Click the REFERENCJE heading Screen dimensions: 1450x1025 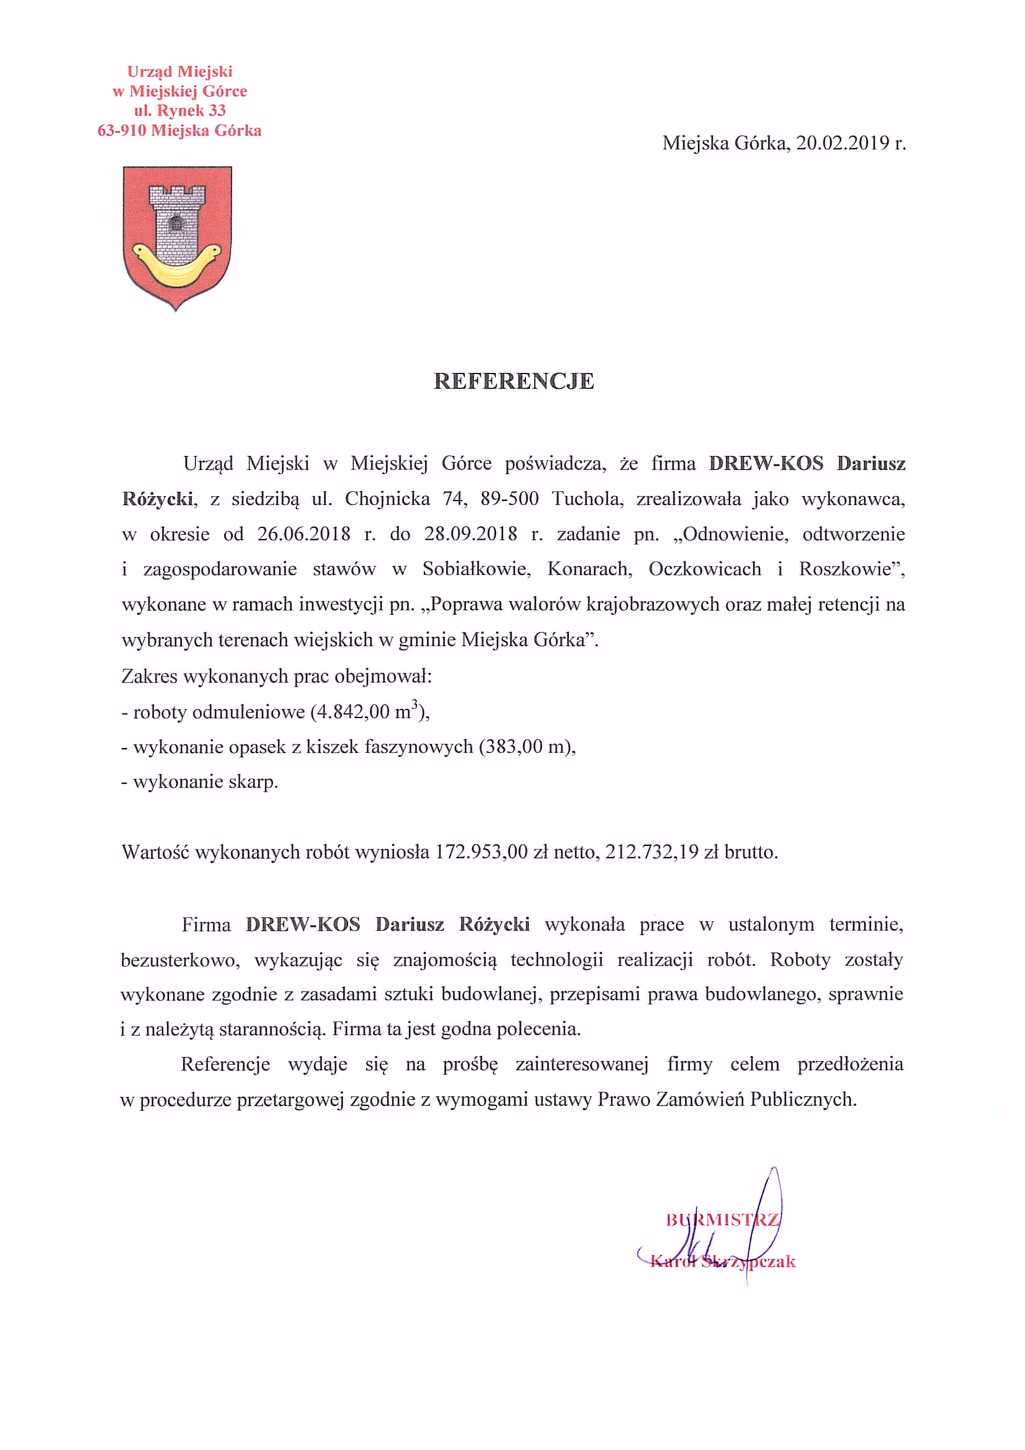pos(513,381)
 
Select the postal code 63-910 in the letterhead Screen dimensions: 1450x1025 pos(122,131)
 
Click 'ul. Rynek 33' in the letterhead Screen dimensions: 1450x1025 pos(179,110)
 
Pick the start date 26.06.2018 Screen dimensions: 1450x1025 pos(304,534)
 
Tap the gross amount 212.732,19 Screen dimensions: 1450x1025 pos(652,852)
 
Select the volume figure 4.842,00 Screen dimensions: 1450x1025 pos(348,712)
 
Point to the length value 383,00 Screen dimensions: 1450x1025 pos(517,747)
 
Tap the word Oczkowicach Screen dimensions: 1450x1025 pos(705,569)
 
